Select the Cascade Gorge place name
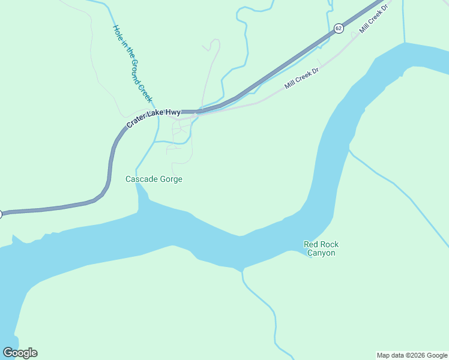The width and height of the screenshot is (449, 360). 153,179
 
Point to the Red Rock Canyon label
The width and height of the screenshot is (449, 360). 321,248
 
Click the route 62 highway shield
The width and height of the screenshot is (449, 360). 339,28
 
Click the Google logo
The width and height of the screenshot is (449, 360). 20,353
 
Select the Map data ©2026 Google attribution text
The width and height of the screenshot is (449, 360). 411,355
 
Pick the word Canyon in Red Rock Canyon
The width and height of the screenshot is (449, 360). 321,253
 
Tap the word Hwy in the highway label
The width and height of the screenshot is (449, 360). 172,112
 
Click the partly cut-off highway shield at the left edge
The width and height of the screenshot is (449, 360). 1,214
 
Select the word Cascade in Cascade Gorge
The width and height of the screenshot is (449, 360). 140,179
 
